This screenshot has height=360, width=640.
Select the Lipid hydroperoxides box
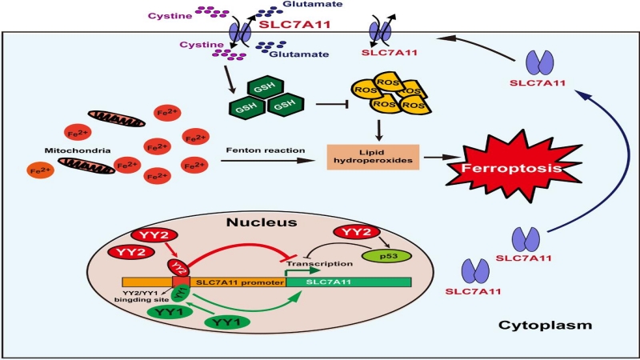[373, 157]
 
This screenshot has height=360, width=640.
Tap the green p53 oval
[386, 256]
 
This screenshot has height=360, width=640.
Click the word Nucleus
[262, 222]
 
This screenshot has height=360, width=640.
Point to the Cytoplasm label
[545, 326]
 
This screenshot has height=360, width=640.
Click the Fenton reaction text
[266, 150]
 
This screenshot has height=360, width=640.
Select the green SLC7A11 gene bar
[349, 282]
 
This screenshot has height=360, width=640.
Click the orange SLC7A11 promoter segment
[238, 282]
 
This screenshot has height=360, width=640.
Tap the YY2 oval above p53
[357, 232]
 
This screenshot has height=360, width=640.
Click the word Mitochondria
[78, 150]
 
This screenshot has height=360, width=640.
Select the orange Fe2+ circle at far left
[41, 170]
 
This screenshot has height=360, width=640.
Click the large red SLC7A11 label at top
[294, 24]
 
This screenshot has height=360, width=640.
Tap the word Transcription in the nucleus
[319, 264]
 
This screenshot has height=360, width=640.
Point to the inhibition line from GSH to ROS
[331, 104]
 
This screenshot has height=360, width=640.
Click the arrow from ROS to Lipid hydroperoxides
[379, 130]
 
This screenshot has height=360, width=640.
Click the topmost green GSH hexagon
[266, 86]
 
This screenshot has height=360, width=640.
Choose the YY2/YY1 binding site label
[142, 296]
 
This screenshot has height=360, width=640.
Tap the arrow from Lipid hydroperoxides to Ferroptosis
[442, 157]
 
